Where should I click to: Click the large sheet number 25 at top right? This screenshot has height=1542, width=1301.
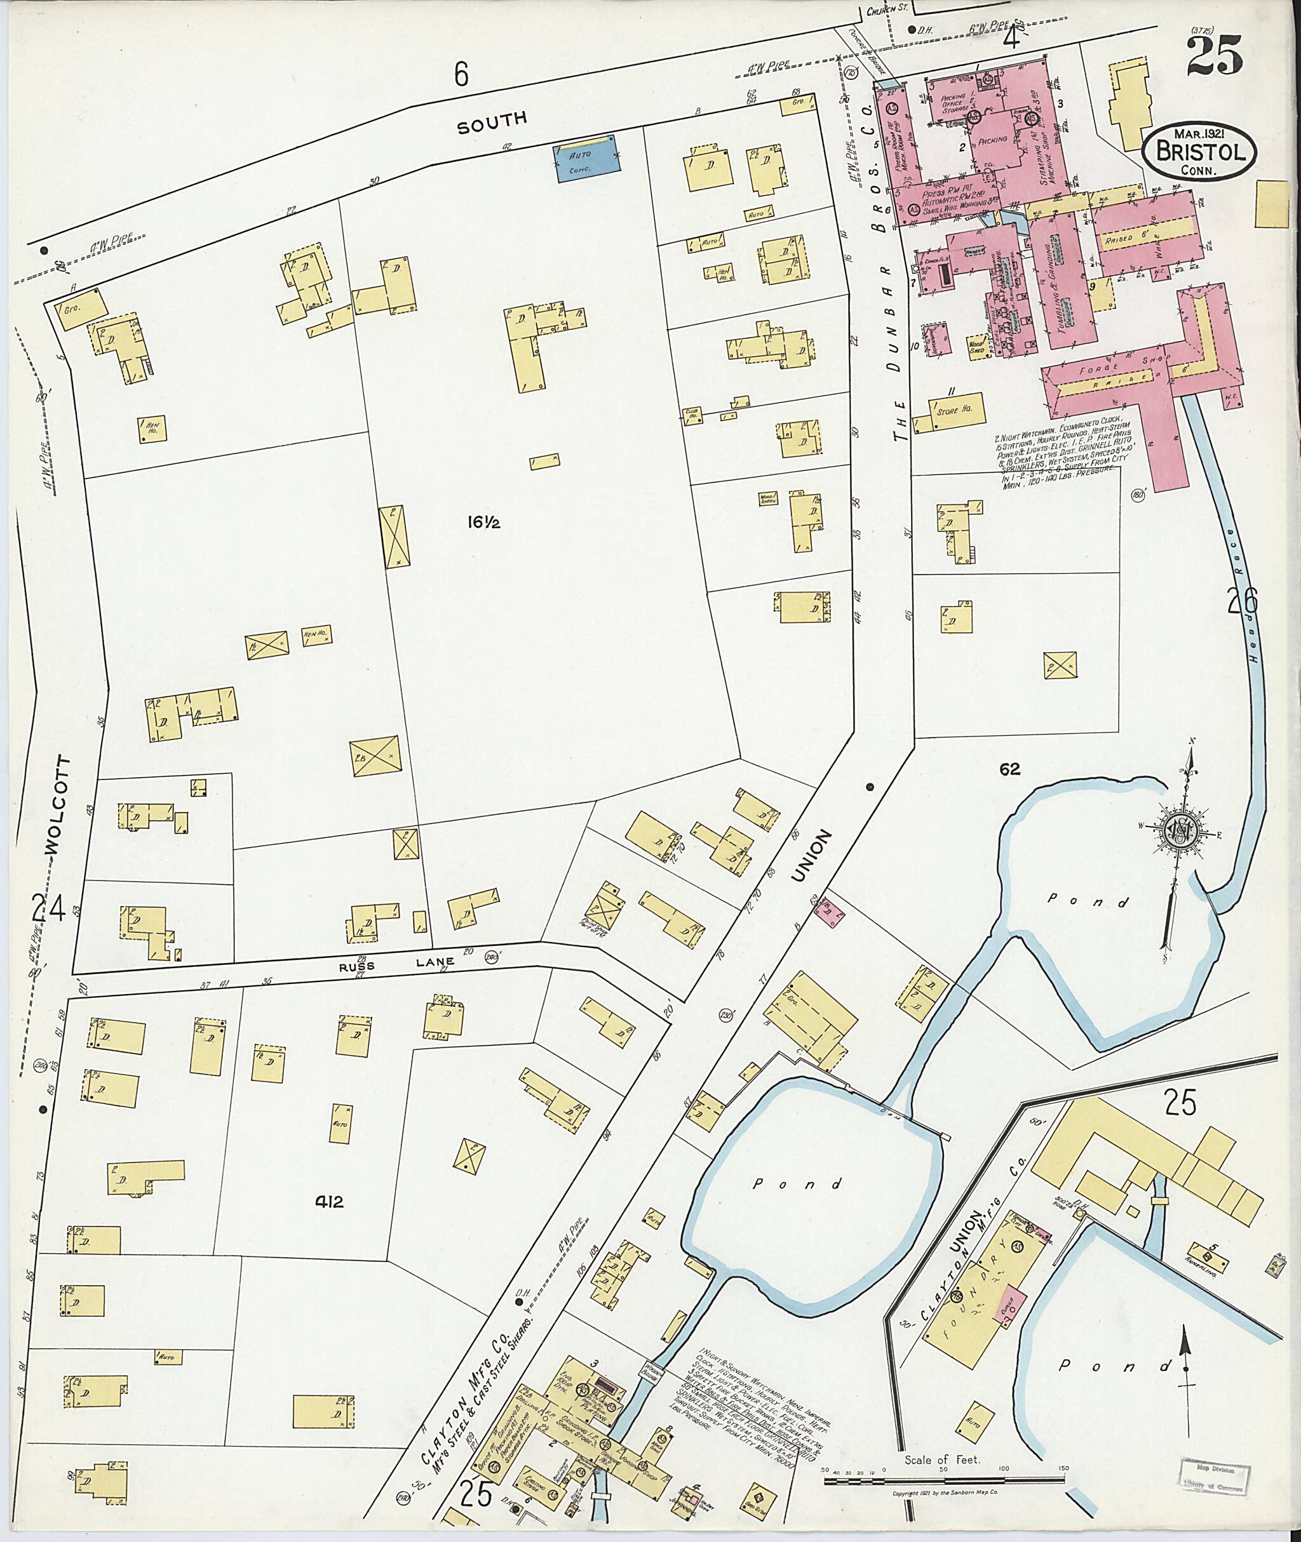pyautogui.click(x=1215, y=55)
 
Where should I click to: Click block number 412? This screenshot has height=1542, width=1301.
pyautogui.click(x=329, y=1202)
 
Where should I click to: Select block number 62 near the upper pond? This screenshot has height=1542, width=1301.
pyautogui.click(x=1009, y=769)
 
